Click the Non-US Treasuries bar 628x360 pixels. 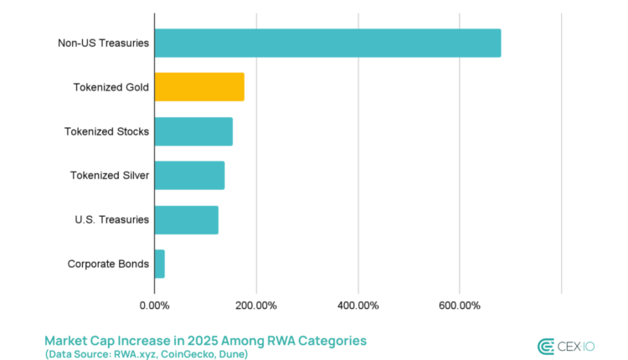pyautogui.click(x=327, y=44)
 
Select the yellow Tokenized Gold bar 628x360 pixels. pyautogui.click(x=199, y=87)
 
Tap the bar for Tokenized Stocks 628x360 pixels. pyautogui.click(x=193, y=131)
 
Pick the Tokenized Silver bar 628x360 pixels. pyautogui.click(x=189, y=175)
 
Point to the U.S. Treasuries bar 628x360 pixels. pyautogui.click(x=186, y=219)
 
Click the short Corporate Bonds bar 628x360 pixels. pyautogui.click(x=159, y=264)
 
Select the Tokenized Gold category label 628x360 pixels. pyautogui.click(x=111, y=87)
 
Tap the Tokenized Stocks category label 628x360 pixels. pyautogui.click(x=107, y=131)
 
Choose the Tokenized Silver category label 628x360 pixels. pyautogui.click(x=110, y=175)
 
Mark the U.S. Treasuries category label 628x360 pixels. pyautogui.click(x=112, y=219)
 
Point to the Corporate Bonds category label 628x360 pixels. pyautogui.click(x=109, y=264)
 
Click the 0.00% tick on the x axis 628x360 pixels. pyautogui.click(x=154, y=305)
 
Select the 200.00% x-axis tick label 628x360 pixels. pyautogui.click(x=255, y=305)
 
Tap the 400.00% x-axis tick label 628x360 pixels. pyautogui.click(x=358, y=305)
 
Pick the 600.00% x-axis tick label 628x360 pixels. pyautogui.click(x=459, y=305)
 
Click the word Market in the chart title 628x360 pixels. pyautogui.click(x=67, y=341)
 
